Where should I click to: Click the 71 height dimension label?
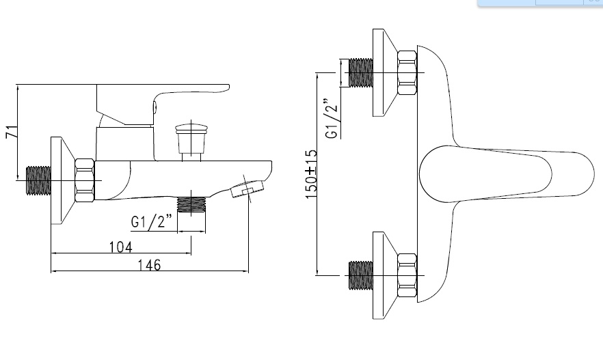coord(12,132)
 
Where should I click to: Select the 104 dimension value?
coord(121,247)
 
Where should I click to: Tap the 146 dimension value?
coord(149,265)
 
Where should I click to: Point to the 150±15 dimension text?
coord(312,174)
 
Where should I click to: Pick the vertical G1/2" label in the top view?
coord(332,118)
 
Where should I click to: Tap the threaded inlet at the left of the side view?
coord(38,180)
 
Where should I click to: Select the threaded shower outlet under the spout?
coord(191,204)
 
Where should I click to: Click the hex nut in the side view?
coord(85,180)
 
